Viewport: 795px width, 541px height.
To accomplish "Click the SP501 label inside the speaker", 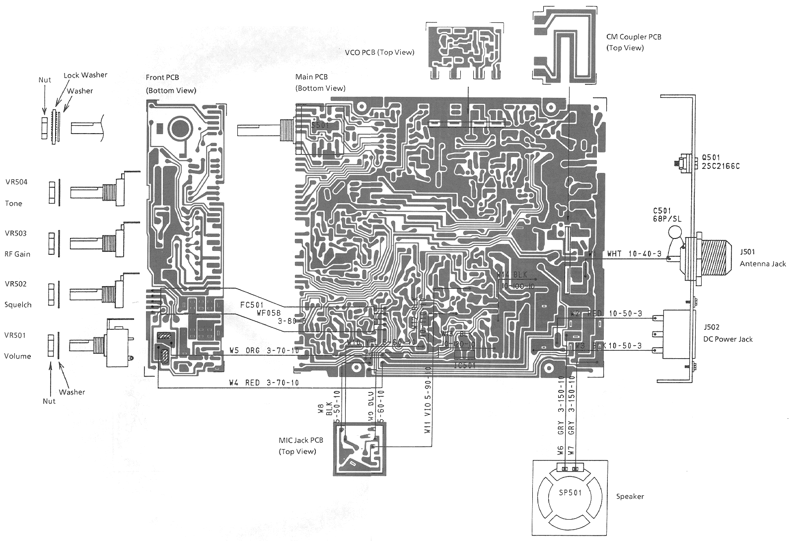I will tap(570, 493).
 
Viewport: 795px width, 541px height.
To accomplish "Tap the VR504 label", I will tap(16, 182).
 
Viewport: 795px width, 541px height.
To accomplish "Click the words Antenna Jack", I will tap(763, 264).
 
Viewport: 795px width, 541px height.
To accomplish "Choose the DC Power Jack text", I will tap(728, 339).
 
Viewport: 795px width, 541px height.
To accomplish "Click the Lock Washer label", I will tap(85, 75).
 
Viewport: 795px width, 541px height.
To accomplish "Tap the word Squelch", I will tap(18, 305).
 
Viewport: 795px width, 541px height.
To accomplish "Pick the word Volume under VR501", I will tap(17, 356).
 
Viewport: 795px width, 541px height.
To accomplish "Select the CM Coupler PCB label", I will tap(634, 37).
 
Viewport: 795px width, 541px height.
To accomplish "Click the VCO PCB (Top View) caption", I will tap(379, 52).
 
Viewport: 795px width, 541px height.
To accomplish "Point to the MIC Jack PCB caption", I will tap(301, 440).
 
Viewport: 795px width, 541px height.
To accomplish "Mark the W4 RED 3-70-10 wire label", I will tap(264, 383).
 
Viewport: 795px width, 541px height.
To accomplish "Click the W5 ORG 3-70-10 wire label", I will tap(264, 351).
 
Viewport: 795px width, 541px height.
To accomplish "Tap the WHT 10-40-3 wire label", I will tap(634, 254).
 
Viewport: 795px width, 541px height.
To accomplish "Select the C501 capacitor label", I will tap(662, 211).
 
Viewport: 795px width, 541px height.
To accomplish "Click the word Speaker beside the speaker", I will tap(630, 496).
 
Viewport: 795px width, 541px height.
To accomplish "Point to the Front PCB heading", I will tap(162, 77).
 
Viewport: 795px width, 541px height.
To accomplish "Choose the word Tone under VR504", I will tap(13, 204).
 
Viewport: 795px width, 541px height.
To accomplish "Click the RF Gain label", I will tap(17, 254).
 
